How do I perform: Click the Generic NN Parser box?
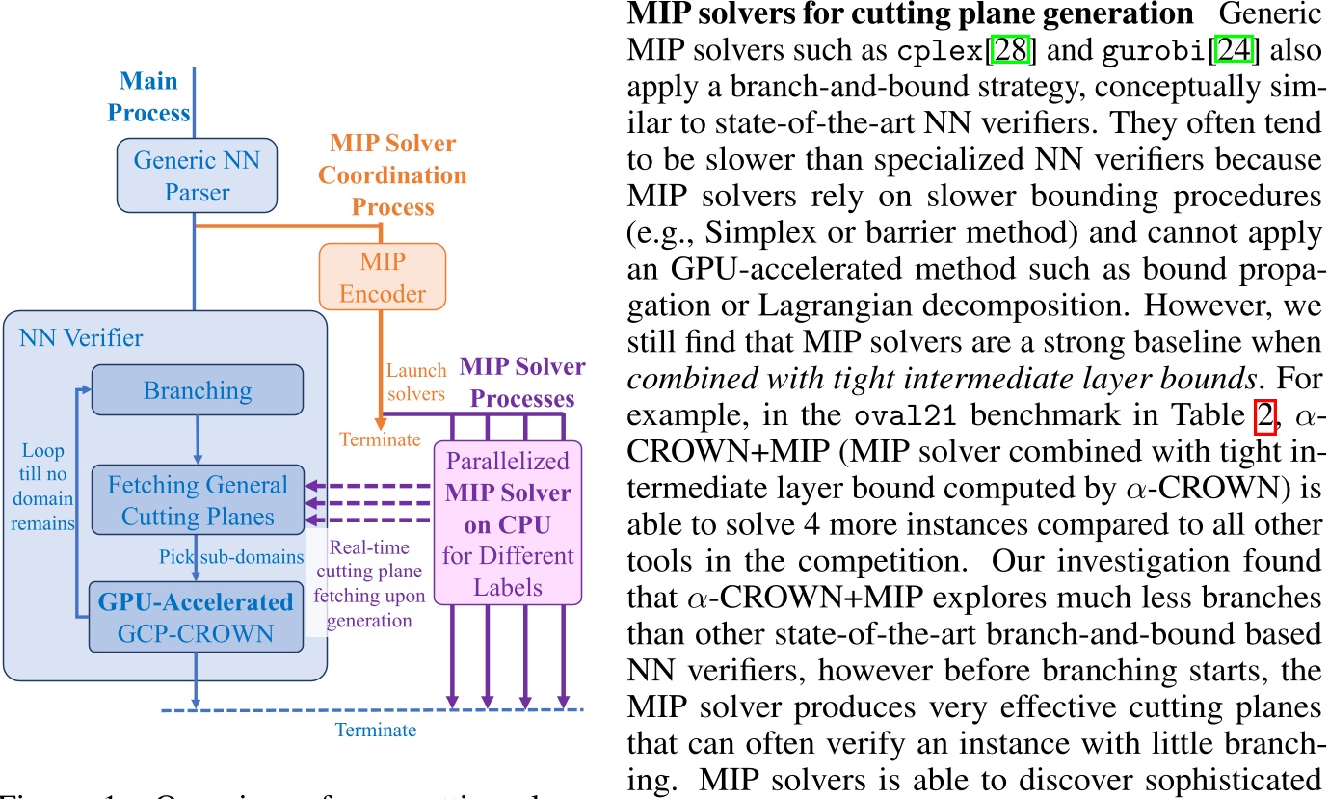coord(197,174)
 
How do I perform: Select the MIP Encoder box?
coord(383,276)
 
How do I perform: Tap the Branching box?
coord(197,391)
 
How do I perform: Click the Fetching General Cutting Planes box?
coord(197,500)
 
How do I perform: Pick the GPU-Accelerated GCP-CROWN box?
coord(197,618)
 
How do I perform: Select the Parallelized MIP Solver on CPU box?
coord(508,522)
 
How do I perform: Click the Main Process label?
coord(148,97)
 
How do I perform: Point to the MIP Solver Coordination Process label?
coord(392,175)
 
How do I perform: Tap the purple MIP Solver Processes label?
coord(521,382)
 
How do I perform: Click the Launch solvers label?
coord(416,382)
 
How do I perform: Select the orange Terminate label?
coord(380,439)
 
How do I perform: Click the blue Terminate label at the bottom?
coord(376,730)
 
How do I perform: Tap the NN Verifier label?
coord(81,338)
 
